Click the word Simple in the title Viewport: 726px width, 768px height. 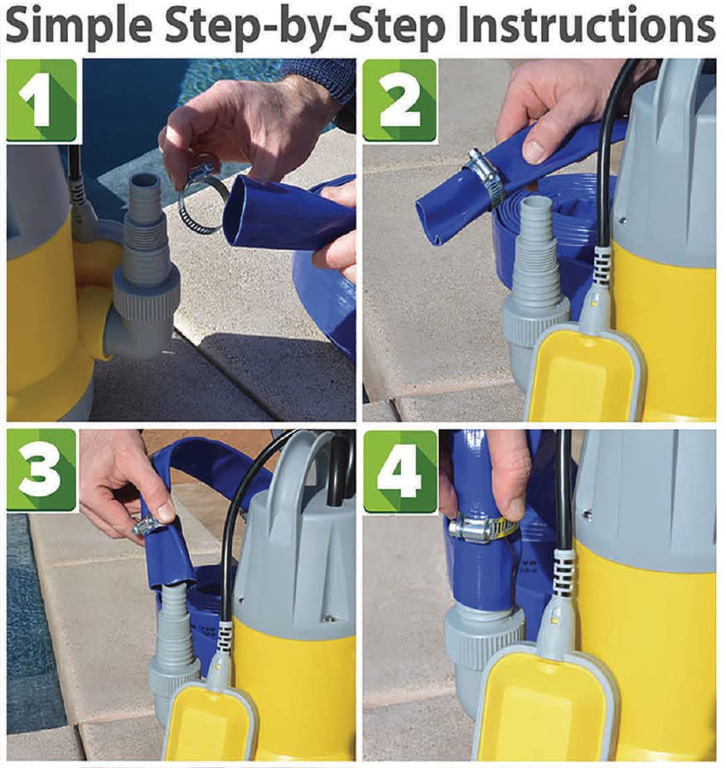pos(79,27)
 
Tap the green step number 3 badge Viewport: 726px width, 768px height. pos(41,471)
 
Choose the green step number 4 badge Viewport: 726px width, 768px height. pos(399,471)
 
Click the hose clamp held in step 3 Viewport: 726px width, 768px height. pos(148,528)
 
